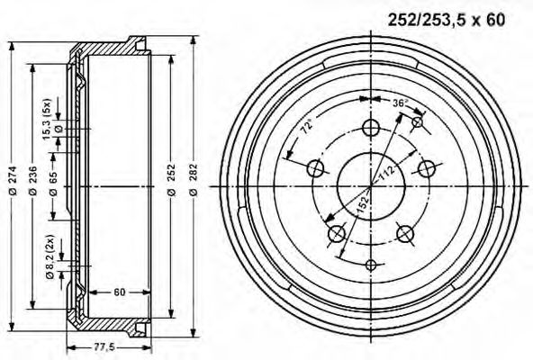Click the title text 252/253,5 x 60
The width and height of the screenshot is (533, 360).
pos(447,20)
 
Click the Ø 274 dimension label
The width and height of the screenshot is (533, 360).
pos(13,181)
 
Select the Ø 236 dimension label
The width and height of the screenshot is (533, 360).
pos(33,181)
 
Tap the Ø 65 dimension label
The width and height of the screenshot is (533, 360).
pos(53,184)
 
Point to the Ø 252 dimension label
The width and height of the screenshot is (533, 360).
pos(172,180)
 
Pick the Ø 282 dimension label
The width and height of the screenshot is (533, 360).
pos(193,180)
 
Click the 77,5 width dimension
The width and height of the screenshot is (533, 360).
pos(104,347)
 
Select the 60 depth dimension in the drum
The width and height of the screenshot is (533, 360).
pos(120,292)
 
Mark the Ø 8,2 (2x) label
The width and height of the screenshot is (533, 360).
pos(50,256)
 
